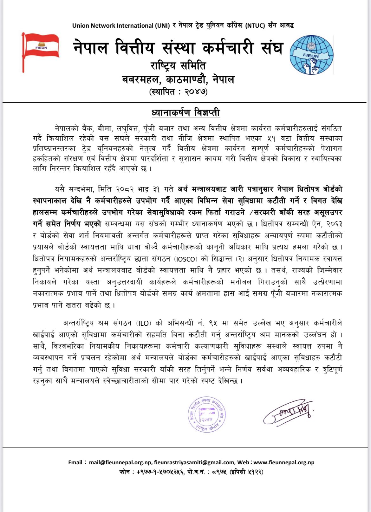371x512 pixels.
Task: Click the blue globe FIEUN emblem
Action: point(311,55)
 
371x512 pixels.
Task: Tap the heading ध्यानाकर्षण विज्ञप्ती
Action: point(185,113)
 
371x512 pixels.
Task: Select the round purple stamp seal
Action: point(207,414)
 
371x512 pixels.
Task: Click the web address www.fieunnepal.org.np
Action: point(284,462)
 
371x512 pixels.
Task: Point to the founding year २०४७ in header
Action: point(195,92)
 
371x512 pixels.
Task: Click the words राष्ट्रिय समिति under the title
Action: point(178,66)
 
